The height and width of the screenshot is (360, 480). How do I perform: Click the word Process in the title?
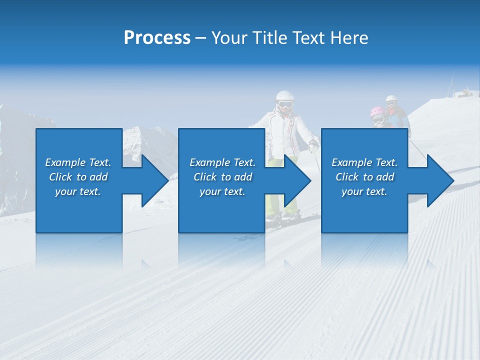pyautogui.click(x=157, y=38)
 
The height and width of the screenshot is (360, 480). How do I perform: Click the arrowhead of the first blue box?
pyautogui.click(x=150, y=180)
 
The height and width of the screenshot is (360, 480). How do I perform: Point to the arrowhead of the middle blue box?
pyautogui.click(x=293, y=180)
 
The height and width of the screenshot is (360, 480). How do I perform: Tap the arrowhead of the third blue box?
pyautogui.click(x=436, y=180)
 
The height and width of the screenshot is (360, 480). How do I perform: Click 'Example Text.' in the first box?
pyautogui.click(x=78, y=162)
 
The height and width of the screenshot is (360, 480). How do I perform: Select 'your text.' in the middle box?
pyautogui.click(x=222, y=191)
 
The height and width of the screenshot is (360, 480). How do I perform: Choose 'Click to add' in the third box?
pyautogui.click(x=364, y=177)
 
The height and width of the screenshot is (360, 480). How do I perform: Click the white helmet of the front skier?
pyautogui.click(x=284, y=96)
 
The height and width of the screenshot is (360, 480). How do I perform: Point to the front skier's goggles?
pyautogui.click(x=285, y=105)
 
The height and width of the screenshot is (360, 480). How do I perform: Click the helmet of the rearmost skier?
pyautogui.click(x=391, y=98)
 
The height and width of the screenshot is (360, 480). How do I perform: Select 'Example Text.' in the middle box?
pyautogui.click(x=222, y=162)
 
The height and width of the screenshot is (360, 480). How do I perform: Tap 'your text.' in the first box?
pyautogui.click(x=78, y=191)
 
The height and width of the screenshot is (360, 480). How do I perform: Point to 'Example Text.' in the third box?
pyautogui.click(x=364, y=162)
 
